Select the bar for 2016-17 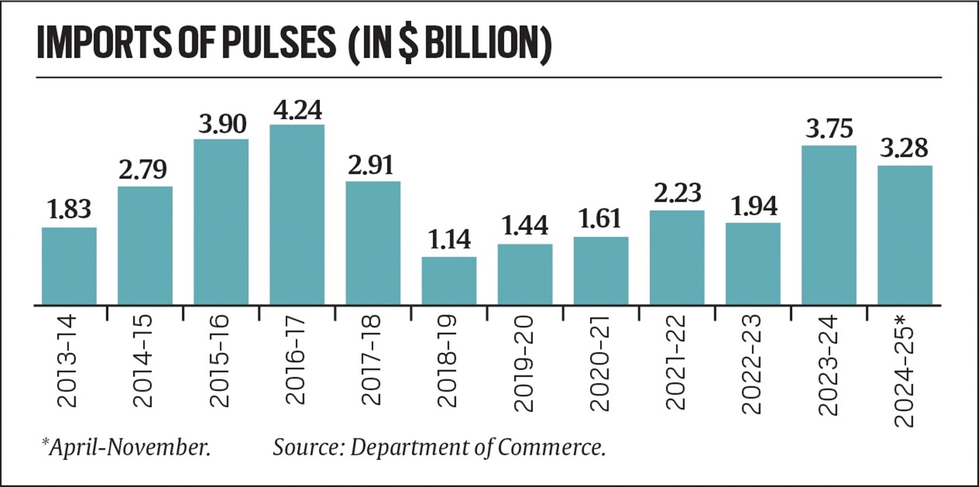pos(297,215)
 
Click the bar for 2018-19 pos(449,281)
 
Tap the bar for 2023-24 pos(828,225)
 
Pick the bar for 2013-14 pos(69,266)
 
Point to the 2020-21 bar pos(601,271)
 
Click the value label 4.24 pos(297,110)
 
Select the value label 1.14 pos(449,239)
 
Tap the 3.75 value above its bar pos(828,129)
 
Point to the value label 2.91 pos(371,166)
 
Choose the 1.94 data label pos(754,207)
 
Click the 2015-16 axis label pos(219,361)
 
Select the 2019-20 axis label pos(524,363)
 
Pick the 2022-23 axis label pos(752,364)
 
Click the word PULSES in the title pos(278,43)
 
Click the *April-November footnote pos(126,447)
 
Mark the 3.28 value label pos(904,149)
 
